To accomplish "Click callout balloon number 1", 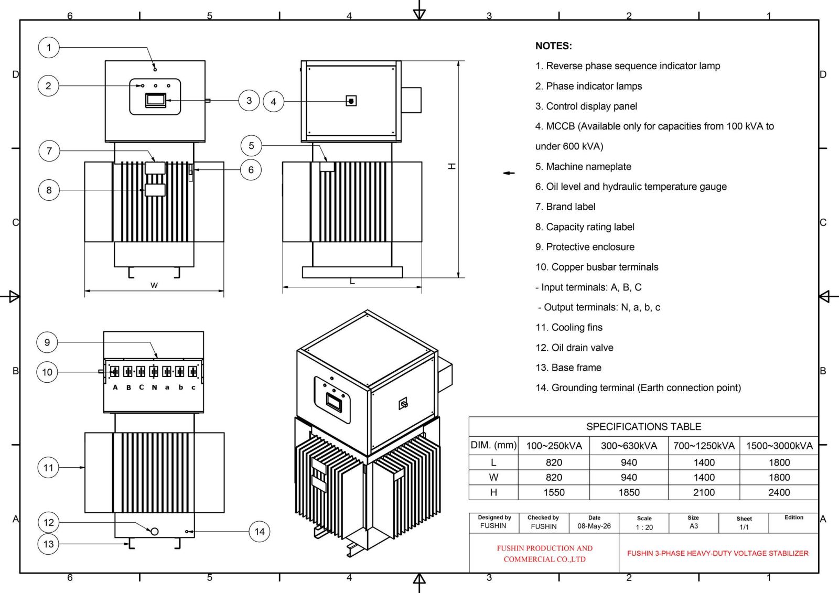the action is pyautogui.click(x=49, y=48).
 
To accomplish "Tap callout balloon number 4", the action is pyautogui.click(x=273, y=102).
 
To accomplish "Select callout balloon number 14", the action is pyautogui.click(x=260, y=531).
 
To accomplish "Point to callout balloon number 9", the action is pyautogui.click(x=47, y=342).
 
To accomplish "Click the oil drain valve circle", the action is pyautogui.click(x=154, y=531).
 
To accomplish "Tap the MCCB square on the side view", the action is pyautogui.click(x=351, y=101).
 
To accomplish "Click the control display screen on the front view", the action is pyautogui.click(x=155, y=100).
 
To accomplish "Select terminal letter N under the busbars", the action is pyautogui.click(x=154, y=387).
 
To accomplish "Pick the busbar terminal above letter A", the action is pyautogui.click(x=115, y=372).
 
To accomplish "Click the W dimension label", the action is pyautogui.click(x=154, y=285).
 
